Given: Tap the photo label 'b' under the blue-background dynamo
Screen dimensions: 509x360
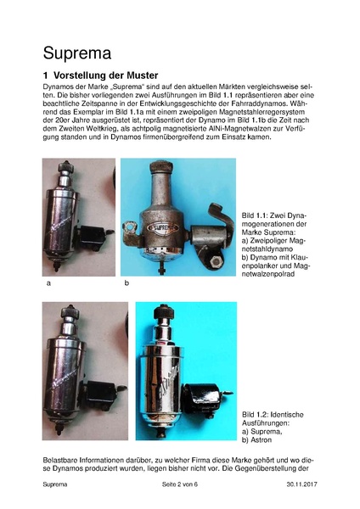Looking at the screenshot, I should (x=126, y=283).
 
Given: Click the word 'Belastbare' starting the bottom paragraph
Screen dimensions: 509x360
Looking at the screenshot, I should (x=64, y=459).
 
